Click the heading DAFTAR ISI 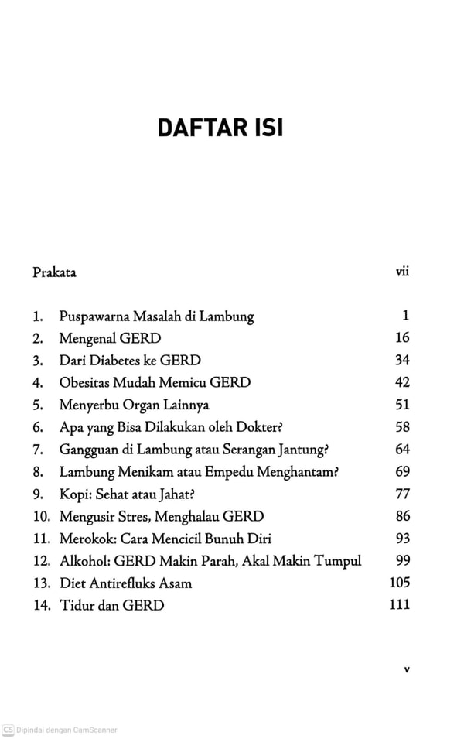click(220, 127)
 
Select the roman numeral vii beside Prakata click(401, 272)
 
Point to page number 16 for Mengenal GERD click(401, 338)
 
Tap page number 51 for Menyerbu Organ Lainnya click(401, 405)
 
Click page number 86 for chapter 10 click(401, 516)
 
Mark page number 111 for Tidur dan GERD click(399, 605)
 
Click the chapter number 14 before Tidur click(41, 606)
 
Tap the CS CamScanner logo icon click(9, 730)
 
